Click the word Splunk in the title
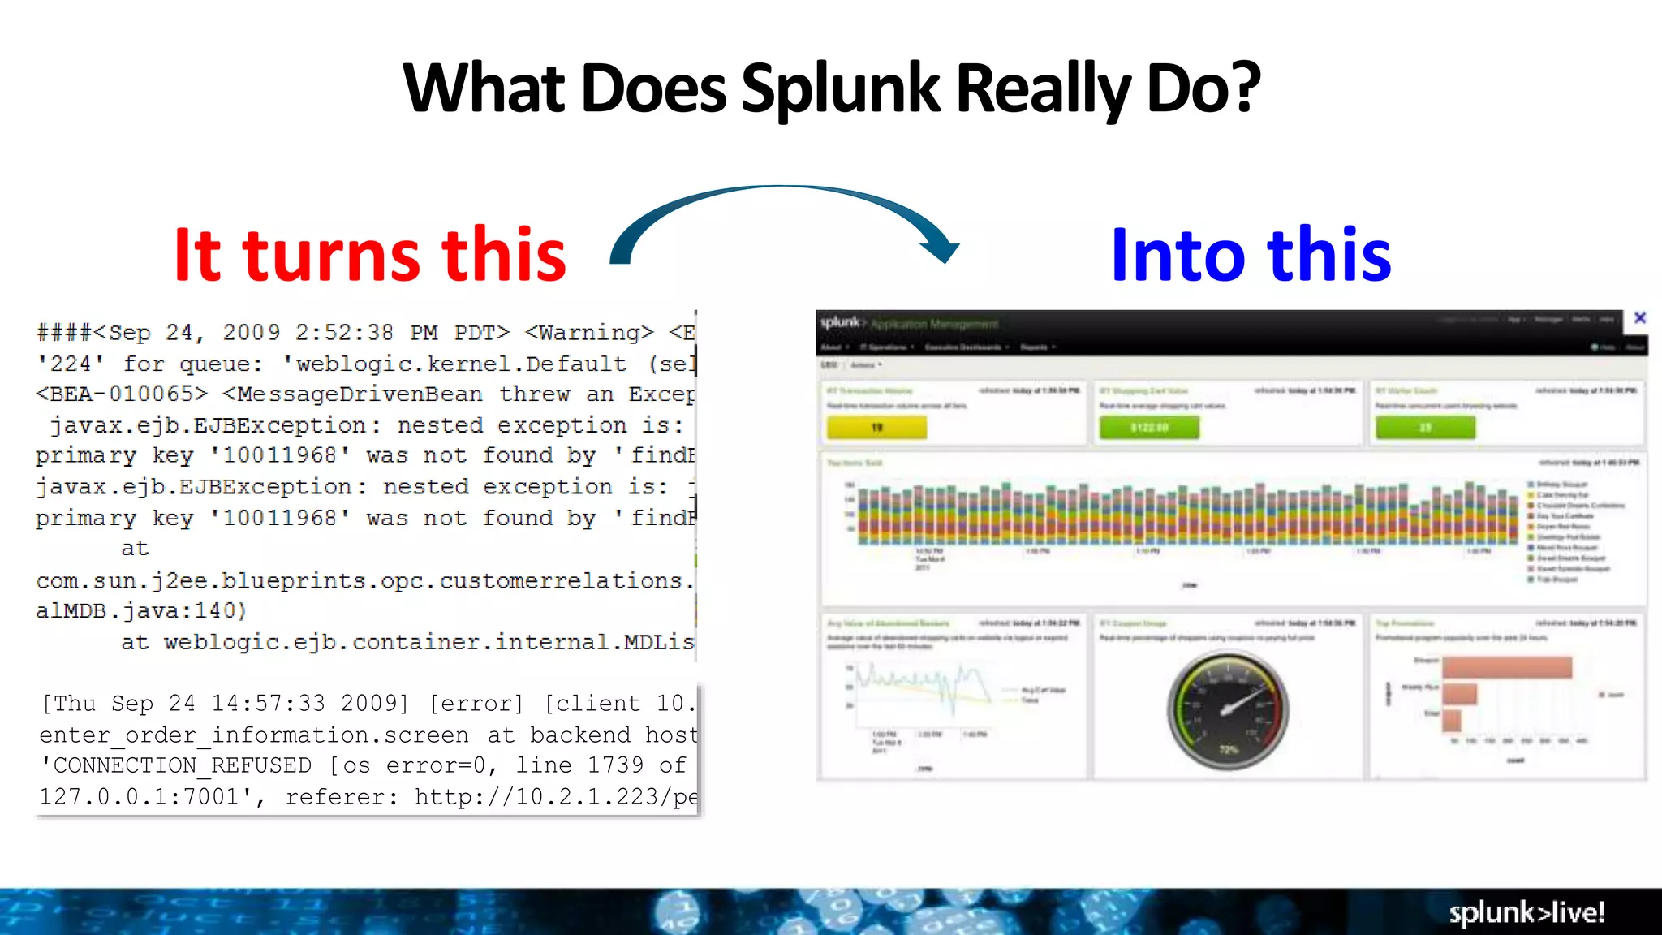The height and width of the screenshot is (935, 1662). [x=839, y=89]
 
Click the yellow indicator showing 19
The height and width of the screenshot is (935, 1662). [x=876, y=427]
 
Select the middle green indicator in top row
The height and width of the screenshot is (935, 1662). [x=1149, y=427]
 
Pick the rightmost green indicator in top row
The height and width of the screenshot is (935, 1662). [x=1426, y=427]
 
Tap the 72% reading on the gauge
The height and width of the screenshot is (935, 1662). [x=1229, y=749]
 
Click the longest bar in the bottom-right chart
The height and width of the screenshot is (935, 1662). [x=1507, y=668]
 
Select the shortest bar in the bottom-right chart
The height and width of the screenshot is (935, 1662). [x=1452, y=720]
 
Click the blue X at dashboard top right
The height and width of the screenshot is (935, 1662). [x=1640, y=318]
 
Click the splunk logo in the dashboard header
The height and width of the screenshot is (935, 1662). [x=841, y=322]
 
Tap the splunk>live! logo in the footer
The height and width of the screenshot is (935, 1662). [x=1526, y=912]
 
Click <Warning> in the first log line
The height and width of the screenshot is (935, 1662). [x=589, y=333]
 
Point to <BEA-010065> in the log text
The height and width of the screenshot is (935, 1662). [x=122, y=394]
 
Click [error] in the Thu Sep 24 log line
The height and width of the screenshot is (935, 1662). [x=476, y=703]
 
